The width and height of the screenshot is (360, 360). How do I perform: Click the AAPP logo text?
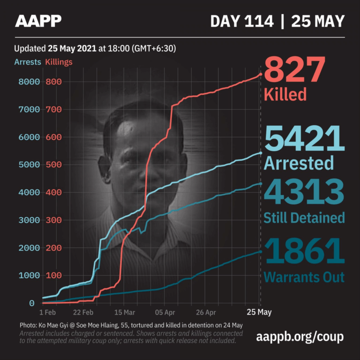click(38, 21)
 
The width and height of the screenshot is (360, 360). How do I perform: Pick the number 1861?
click(305, 251)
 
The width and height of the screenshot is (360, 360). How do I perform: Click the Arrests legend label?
click(28, 62)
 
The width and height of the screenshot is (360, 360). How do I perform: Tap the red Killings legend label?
click(59, 62)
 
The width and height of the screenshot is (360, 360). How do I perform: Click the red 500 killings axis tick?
click(53, 165)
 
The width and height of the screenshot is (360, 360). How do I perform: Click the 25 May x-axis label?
click(259, 312)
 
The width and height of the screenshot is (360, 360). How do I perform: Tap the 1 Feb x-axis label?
click(49, 312)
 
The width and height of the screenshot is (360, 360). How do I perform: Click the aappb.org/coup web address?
click(300, 337)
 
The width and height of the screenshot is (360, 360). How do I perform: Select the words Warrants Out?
click(304, 277)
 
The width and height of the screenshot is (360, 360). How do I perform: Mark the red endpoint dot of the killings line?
click(261, 74)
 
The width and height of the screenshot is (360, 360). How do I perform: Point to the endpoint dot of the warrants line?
click(261, 252)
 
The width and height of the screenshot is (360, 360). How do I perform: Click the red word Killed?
click(285, 94)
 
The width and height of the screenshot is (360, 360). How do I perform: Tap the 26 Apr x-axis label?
click(206, 312)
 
